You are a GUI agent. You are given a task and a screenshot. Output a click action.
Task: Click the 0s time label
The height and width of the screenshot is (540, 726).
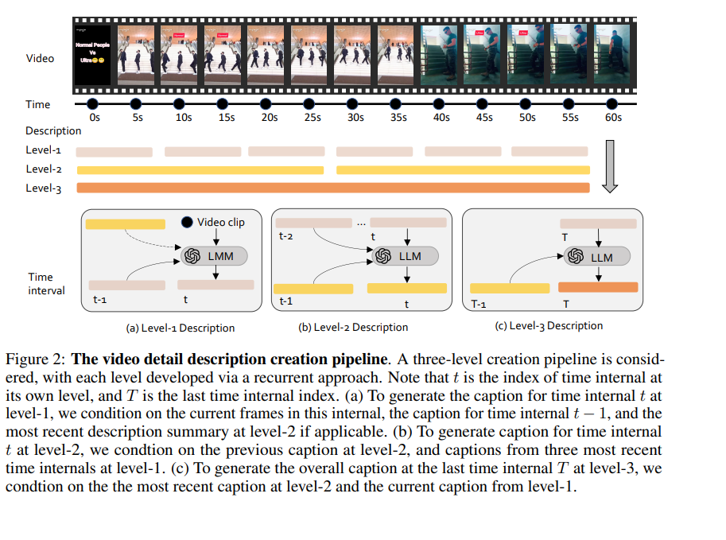pos(95,118)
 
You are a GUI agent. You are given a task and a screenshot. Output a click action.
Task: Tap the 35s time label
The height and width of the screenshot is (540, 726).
pos(398,118)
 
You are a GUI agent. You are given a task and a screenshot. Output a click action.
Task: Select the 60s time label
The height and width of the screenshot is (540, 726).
pos(613,118)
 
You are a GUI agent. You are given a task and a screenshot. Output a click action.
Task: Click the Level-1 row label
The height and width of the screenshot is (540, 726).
pos(44,150)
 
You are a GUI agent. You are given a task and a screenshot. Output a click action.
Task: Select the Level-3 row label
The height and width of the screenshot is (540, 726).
pos(44,188)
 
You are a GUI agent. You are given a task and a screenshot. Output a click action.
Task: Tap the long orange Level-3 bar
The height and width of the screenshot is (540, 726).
pos(333,188)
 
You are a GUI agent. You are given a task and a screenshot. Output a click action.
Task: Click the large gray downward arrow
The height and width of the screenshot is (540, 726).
pos(610,166)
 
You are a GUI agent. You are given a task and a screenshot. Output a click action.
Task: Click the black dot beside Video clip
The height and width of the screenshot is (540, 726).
pos(187,223)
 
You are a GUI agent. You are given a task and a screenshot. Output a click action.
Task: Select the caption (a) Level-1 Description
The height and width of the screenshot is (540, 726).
pos(181,328)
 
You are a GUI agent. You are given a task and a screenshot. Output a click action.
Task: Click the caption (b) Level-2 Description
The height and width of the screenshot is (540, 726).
pos(353,327)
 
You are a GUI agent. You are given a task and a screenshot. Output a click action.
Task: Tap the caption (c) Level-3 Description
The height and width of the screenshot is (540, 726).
pos(549,326)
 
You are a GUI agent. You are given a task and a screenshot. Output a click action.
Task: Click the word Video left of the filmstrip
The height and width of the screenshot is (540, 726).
pos(41,58)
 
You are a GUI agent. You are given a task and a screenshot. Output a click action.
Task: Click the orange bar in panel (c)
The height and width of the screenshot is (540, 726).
pos(598,287)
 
